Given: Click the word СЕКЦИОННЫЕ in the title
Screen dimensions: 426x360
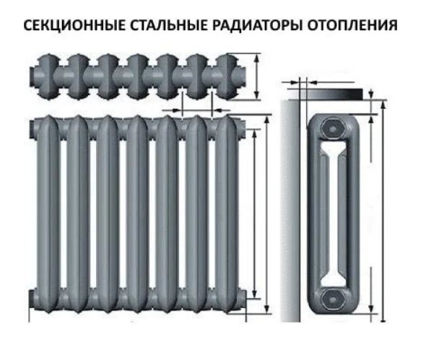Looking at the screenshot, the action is tap(74, 25).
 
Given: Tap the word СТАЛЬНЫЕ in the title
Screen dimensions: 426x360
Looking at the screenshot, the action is tap(168, 25).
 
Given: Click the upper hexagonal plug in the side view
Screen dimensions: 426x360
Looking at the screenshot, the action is tap(333, 128).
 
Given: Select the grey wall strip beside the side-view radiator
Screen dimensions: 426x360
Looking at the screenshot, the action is tap(290, 211).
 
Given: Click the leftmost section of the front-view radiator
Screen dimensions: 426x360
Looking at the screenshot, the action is tap(48, 214).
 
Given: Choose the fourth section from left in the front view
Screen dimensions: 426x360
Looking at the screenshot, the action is tap(137, 214).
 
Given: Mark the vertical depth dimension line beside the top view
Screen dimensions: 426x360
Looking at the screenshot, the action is tap(256, 76).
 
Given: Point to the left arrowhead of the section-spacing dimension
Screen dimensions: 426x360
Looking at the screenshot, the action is tap(178, 110).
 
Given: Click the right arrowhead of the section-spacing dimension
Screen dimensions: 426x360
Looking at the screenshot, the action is tap(217, 110).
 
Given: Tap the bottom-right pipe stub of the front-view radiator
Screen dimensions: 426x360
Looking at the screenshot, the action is tap(243, 299).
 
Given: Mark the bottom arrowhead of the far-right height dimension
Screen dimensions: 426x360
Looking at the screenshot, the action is tap(383, 318).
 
